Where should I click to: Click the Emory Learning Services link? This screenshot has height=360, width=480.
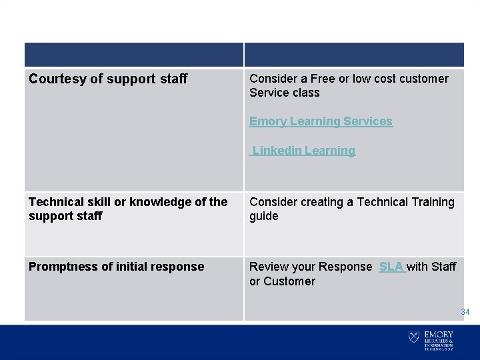click(x=321, y=121)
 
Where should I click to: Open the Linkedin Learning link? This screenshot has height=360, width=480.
click(x=304, y=151)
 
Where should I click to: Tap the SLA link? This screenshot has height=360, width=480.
click(x=391, y=267)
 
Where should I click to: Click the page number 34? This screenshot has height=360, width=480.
click(x=465, y=311)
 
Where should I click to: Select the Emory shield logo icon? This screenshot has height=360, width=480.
click(x=414, y=338)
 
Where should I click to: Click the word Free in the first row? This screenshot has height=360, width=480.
click(x=323, y=79)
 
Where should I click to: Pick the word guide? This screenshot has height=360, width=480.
click(x=264, y=216)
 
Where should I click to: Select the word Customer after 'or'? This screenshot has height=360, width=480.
click(x=290, y=281)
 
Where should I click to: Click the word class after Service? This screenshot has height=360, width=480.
click(x=305, y=93)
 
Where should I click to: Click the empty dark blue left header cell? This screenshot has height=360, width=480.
click(x=134, y=55)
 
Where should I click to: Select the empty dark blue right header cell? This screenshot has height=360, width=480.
click(x=354, y=55)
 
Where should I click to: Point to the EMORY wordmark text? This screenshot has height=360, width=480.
click(x=438, y=335)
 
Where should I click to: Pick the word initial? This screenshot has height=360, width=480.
click(x=131, y=267)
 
